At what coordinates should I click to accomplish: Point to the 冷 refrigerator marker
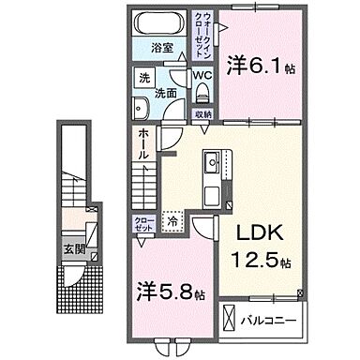[173, 222]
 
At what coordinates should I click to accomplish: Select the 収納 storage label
[203, 113]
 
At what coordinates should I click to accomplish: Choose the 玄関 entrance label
[70, 248]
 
